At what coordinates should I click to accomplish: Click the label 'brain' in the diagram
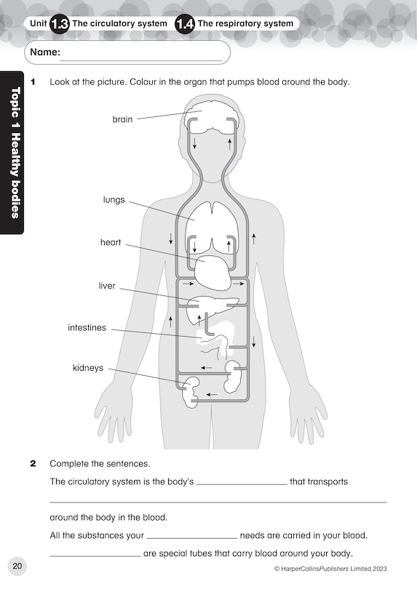(122, 119)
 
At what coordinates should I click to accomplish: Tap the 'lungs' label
(114, 199)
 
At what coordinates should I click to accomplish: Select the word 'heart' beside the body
(111, 243)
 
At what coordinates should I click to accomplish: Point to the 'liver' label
(107, 286)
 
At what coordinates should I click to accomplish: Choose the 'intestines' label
(87, 328)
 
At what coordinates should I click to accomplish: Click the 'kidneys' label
(87, 368)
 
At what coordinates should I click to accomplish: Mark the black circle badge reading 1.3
(60, 24)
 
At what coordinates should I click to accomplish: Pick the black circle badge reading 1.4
(185, 24)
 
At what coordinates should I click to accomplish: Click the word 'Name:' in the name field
(44, 52)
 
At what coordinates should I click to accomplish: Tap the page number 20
(17, 566)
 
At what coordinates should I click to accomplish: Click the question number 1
(33, 81)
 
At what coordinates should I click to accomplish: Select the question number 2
(33, 463)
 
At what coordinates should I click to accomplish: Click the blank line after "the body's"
(242, 483)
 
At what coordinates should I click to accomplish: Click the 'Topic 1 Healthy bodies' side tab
(12, 152)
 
